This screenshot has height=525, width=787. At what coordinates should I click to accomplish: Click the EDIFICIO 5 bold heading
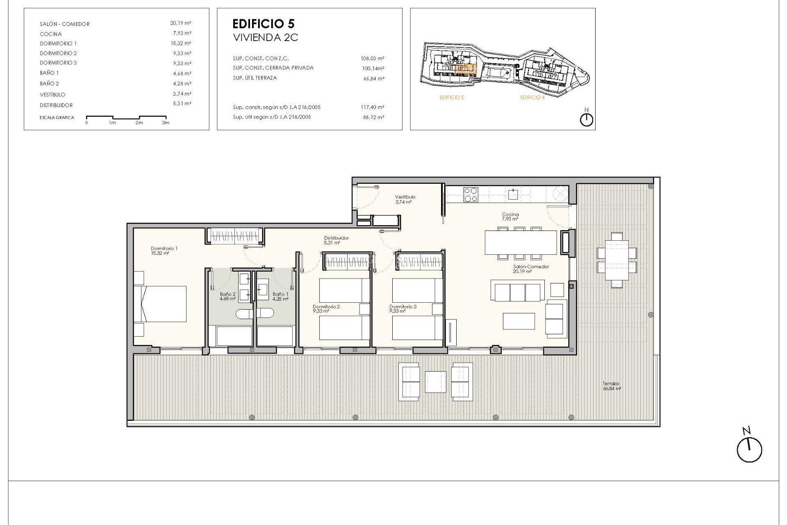[x=263, y=24]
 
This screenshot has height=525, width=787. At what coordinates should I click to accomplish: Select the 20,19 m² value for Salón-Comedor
[x=180, y=23]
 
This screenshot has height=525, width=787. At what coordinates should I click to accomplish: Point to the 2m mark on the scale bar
[x=139, y=123]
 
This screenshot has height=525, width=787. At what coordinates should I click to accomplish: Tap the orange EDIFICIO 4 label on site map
[x=532, y=98]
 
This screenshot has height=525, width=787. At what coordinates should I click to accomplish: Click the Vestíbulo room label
[x=405, y=197]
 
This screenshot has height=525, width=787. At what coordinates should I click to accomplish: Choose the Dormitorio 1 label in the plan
[x=164, y=249]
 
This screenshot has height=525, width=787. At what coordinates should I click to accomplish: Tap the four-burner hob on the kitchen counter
[x=470, y=195]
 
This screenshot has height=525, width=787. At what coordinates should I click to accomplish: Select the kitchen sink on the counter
[x=513, y=194]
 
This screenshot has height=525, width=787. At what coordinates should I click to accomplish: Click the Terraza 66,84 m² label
[x=611, y=386]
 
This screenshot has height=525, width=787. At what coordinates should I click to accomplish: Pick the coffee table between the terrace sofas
[x=435, y=382]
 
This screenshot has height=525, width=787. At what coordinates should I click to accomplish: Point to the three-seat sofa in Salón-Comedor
[x=518, y=291]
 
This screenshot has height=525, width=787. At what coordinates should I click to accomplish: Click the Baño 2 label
[x=227, y=294]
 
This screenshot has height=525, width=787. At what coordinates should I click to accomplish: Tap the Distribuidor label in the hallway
[x=336, y=238]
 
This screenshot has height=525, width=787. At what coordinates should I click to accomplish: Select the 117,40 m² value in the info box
[x=372, y=107]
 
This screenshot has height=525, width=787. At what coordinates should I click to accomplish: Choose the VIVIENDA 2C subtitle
[x=265, y=38]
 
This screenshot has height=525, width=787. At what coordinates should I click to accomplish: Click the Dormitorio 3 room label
[x=403, y=307]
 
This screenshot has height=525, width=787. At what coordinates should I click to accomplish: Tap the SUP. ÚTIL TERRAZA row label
[x=255, y=78]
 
